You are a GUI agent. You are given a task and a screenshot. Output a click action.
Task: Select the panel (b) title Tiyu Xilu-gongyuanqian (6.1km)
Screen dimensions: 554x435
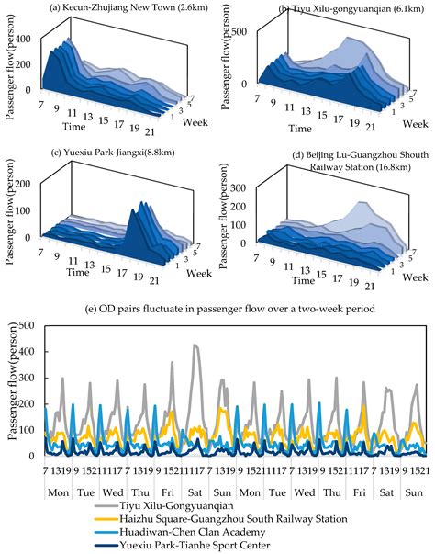pos(334,8)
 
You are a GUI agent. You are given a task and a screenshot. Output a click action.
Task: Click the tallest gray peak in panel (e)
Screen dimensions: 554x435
pos(195,345)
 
